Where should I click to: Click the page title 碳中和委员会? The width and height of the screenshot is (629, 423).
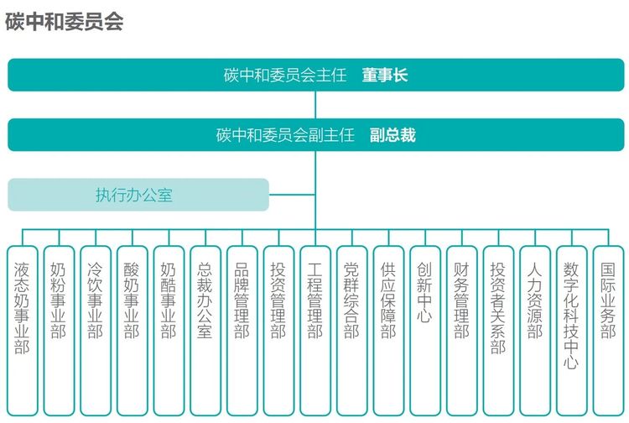coord(64,22)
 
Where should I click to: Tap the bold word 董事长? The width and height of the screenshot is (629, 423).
coord(385,75)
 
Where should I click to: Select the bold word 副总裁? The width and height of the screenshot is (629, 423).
coord(392,135)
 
